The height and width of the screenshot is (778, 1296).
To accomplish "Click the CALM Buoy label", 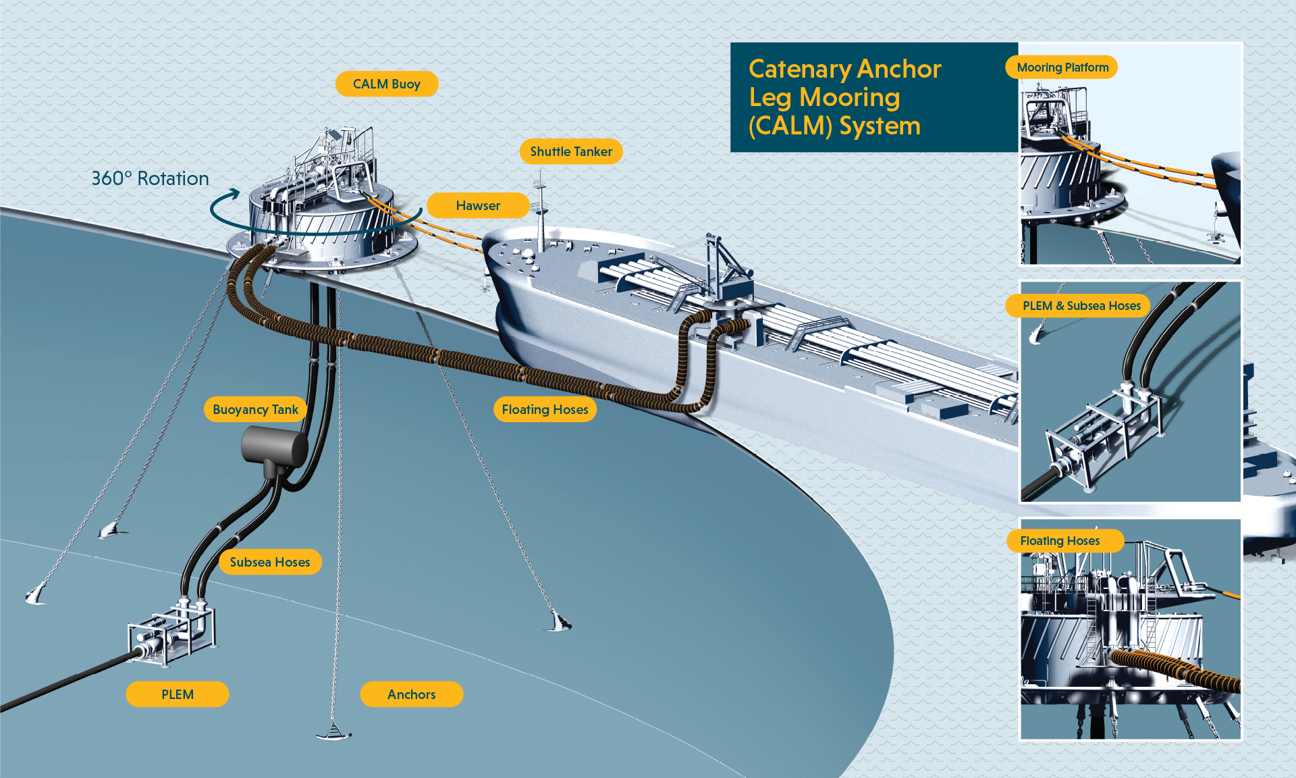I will (x=387, y=84).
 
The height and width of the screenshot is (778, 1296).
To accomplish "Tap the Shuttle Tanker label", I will (x=571, y=152).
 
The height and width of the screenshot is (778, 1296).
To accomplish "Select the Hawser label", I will (x=478, y=206).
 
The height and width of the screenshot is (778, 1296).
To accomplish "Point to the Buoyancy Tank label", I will (x=255, y=410).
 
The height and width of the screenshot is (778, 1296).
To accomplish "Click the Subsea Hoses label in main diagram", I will (x=270, y=563).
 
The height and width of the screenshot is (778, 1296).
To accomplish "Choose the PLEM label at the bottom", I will (x=178, y=695).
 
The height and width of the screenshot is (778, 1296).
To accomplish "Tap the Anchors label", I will (x=412, y=695).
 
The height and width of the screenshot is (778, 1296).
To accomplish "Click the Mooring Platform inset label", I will (x=1062, y=68).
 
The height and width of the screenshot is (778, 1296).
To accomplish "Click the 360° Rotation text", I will (x=150, y=179).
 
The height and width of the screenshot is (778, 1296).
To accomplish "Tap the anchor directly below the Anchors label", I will (x=333, y=732).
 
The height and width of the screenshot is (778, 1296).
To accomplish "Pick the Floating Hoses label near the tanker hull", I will (x=545, y=410).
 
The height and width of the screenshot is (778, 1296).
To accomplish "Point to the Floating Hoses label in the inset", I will (x=1060, y=541).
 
